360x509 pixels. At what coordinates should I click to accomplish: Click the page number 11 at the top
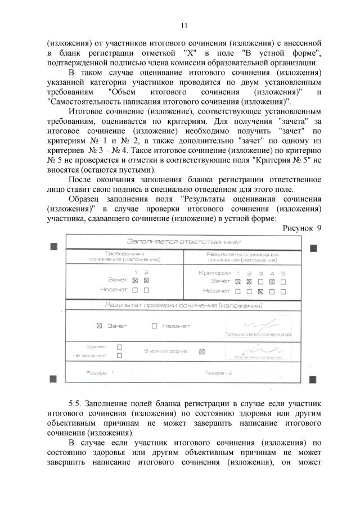point(183,26)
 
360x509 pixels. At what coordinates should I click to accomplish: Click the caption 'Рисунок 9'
point(300,228)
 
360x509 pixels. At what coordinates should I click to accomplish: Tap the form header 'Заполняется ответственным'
point(183,241)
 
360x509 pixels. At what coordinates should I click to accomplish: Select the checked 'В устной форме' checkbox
point(202,352)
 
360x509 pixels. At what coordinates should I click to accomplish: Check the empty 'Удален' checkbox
point(119,347)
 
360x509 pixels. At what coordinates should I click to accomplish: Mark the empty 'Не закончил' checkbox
point(119,355)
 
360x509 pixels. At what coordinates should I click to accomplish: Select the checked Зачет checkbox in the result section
point(99,326)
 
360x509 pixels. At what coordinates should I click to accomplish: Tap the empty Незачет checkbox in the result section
point(154,326)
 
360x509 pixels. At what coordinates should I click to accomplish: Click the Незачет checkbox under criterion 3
point(260,291)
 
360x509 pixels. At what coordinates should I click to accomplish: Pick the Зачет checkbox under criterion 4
point(272,281)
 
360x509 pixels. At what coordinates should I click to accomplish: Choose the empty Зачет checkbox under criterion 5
point(283,281)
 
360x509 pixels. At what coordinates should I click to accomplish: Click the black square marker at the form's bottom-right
point(313,378)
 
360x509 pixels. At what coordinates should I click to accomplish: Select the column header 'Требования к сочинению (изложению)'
point(125,256)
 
